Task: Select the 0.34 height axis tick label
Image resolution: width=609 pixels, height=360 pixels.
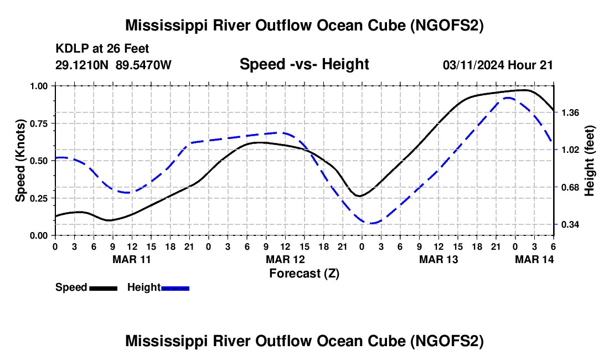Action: coord(571,224)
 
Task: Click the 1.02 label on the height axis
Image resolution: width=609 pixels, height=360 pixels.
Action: coord(571,150)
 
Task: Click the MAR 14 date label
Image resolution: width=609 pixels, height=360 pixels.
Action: coord(534,259)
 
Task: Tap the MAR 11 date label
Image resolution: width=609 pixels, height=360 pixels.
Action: coord(132,259)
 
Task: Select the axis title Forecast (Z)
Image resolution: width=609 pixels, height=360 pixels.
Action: coord(304,273)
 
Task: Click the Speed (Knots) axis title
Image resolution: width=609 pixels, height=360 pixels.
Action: coord(20,161)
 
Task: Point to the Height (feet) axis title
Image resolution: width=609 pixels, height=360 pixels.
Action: coord(590,161)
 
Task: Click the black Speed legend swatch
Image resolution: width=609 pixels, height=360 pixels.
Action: coord(103,288)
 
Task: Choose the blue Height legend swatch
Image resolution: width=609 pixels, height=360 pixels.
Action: coord(176,288)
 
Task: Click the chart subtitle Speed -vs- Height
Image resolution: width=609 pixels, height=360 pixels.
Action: coord(304,64)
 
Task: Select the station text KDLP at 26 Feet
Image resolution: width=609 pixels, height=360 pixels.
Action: coord(102,49)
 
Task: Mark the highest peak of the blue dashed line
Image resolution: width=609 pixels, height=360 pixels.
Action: coord(507,97)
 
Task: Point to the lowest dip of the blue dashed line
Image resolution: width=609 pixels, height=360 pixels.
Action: coord(371,223)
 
